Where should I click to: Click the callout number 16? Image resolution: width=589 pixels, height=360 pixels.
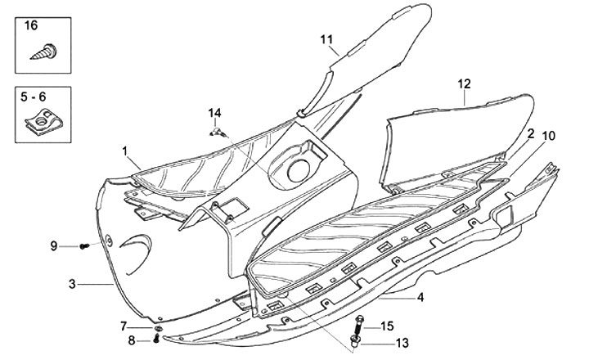click(x=31, y=26)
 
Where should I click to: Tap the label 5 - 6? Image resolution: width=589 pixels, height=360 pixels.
click(x=34, y=97)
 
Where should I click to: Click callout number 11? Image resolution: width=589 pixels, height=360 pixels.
click(x=326, y=40)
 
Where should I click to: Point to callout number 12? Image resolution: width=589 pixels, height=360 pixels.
click(x=464, y=84)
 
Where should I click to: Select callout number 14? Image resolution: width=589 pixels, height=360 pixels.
click(x=214, y=112)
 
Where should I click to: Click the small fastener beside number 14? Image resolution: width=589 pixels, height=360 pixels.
click(x=218, y=131)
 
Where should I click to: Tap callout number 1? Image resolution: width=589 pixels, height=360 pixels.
click(x=126, y=151)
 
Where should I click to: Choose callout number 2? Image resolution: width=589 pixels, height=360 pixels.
click(x=531, y=133)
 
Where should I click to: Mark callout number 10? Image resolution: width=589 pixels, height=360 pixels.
click(x=547, y=134)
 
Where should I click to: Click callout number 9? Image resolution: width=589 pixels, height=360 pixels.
click(x=54, y=245)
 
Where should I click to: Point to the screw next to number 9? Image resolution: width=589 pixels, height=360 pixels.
click(x=84, y=245)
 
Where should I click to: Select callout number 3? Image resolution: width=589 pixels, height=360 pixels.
click(x=72, y=284)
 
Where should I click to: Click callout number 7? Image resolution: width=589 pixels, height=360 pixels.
click(x=124, y=326)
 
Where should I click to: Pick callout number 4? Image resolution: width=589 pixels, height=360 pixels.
click(x=420, y=298)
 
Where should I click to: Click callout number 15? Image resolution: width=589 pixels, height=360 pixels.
click(x=388, y=326)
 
